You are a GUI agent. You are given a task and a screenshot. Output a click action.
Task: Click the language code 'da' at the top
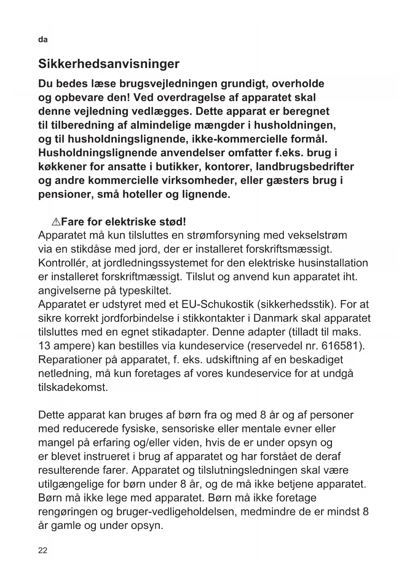click(x=43, y=40)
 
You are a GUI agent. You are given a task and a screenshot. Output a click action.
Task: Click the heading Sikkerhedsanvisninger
click(x=109, y=64)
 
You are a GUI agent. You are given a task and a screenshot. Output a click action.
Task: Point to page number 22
click(x=43, y=550)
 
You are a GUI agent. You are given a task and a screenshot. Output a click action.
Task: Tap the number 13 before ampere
click(x=44, y=346)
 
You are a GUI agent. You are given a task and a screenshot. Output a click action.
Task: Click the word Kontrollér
click(x=62, y=263)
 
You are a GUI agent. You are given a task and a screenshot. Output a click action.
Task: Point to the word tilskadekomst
click(x=73, y=387)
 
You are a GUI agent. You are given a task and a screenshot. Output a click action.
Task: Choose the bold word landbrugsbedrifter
click(x=305, y=167)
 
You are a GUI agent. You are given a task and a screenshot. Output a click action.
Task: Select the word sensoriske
click(x=188, y=428)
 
